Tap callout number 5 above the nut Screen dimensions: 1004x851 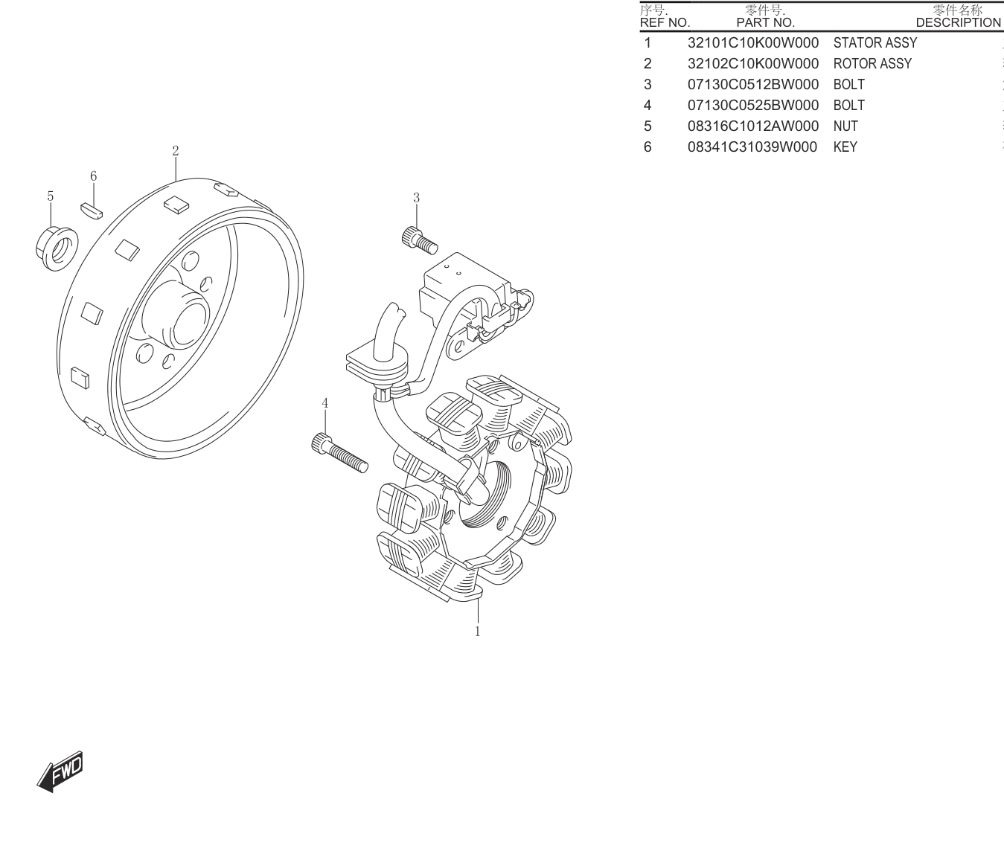pos(51,196)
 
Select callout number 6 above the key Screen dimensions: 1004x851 pos(93,176)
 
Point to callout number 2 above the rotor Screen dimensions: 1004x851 pos(176,151)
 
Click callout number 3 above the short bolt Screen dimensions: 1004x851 pos(416,198)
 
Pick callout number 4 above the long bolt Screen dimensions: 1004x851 pos(325,403)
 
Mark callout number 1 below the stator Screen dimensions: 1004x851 pos(478,632)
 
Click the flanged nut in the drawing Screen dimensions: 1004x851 pos(57,248)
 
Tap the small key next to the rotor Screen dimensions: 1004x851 pos(92,211)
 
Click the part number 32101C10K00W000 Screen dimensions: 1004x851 pos(753,42)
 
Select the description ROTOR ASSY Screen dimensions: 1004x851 pos(872,63)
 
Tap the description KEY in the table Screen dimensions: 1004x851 pos(845,147)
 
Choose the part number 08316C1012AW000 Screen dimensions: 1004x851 pos(753,126)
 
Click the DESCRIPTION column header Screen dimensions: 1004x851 pos(958,23)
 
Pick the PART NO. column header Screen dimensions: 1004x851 pos(766,23)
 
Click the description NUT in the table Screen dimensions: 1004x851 pos(845,126)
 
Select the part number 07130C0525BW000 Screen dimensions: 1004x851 pos(753,106)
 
